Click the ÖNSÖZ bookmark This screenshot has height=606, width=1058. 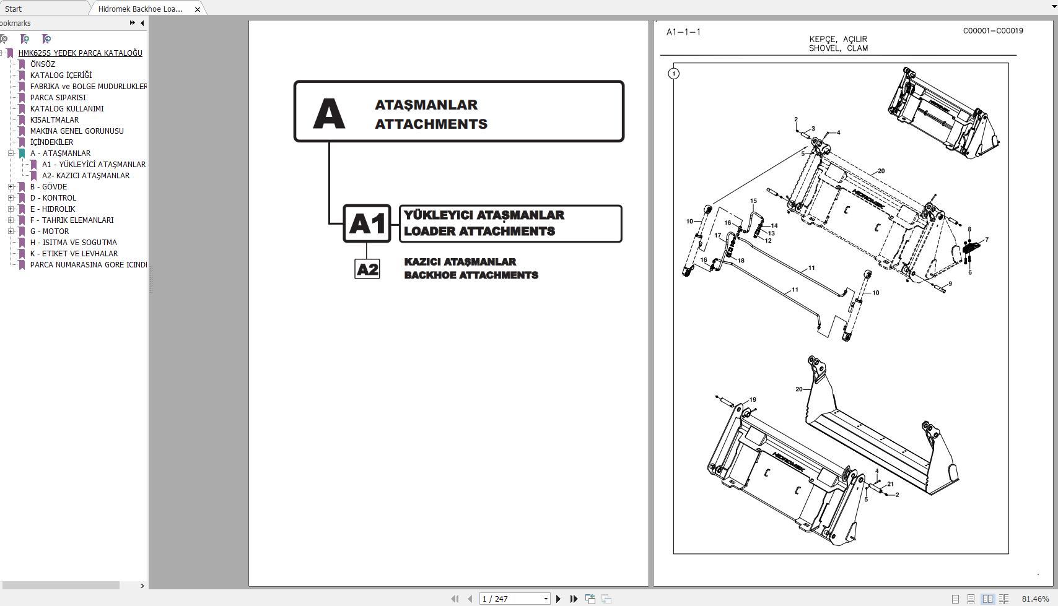[x=42, y=64]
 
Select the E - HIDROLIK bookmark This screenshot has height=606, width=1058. [x=52, y=209]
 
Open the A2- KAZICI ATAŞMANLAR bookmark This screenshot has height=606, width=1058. [x=85, y=175]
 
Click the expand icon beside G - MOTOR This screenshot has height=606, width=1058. [x=11, y=231]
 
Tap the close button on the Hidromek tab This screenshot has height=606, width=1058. [x=198, y=9]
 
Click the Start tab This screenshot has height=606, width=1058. [x=13, y=9]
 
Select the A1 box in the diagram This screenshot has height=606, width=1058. [x=367, y=223]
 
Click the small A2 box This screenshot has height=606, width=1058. [x=367, y=269]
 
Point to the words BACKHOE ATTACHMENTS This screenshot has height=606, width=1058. [x=471, y=275]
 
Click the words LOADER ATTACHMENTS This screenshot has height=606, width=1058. [x=479, y=231]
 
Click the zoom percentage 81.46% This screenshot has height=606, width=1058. [x=1035, y=599]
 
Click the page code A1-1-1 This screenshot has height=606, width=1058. [x=683, y=32]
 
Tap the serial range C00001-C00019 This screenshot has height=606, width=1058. [x=992, y=30]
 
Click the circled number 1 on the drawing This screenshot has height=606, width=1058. [x=674, y=74]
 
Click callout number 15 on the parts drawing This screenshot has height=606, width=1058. [x=753, y=201]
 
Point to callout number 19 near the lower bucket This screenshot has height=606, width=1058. [x=753, y=400]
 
